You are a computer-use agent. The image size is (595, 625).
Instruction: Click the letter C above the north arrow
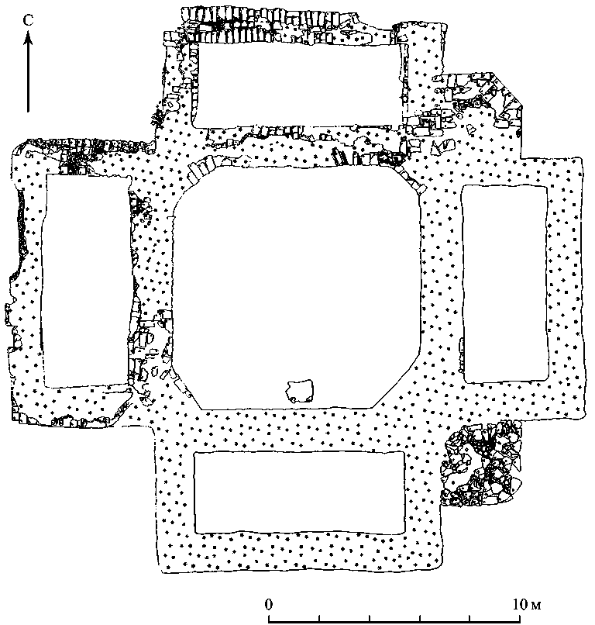(x=28, y=20)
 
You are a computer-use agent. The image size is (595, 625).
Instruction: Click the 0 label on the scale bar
(x=269, y=603)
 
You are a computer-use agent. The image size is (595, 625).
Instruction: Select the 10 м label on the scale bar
(x=528, y=603)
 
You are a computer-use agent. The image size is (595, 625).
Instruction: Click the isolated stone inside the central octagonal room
(x=298, y=390)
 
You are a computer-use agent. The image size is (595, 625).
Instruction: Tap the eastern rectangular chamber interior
(x=504, y=283)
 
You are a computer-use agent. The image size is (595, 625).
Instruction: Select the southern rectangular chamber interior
(x=299, y=492)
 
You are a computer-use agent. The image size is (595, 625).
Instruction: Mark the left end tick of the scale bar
(x=269, y=618)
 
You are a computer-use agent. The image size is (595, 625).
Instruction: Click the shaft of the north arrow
(x=28, y=78)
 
